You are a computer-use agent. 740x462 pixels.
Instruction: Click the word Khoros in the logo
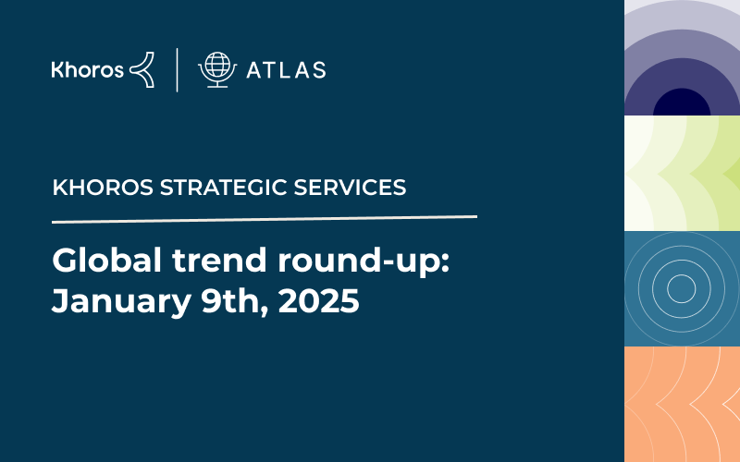(87, 69)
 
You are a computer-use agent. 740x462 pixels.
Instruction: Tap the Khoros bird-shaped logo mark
(142, 70)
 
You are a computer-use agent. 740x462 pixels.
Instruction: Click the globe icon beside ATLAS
(217, 69)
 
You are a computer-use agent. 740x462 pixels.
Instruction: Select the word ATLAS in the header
(286, 70)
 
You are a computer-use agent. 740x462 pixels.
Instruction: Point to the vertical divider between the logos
(177, 70)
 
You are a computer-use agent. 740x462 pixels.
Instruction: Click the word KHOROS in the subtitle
(103, 188)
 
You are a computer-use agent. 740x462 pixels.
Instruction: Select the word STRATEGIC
(223, 188)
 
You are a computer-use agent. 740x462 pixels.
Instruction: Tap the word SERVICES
(350, 188)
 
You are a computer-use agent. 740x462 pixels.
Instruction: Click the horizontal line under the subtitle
(265, 219)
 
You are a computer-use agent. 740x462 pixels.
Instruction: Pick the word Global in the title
(107, 260)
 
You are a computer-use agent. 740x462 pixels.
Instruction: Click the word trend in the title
(219, 260)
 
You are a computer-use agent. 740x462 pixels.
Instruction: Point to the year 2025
(318, 301)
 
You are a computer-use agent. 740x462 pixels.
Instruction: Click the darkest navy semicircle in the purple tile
(682, 103)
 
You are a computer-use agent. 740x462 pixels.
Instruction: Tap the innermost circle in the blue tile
(682, 288)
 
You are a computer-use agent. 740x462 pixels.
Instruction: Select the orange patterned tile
(682, 405)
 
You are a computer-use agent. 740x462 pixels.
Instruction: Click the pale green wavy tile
(682, 174)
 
